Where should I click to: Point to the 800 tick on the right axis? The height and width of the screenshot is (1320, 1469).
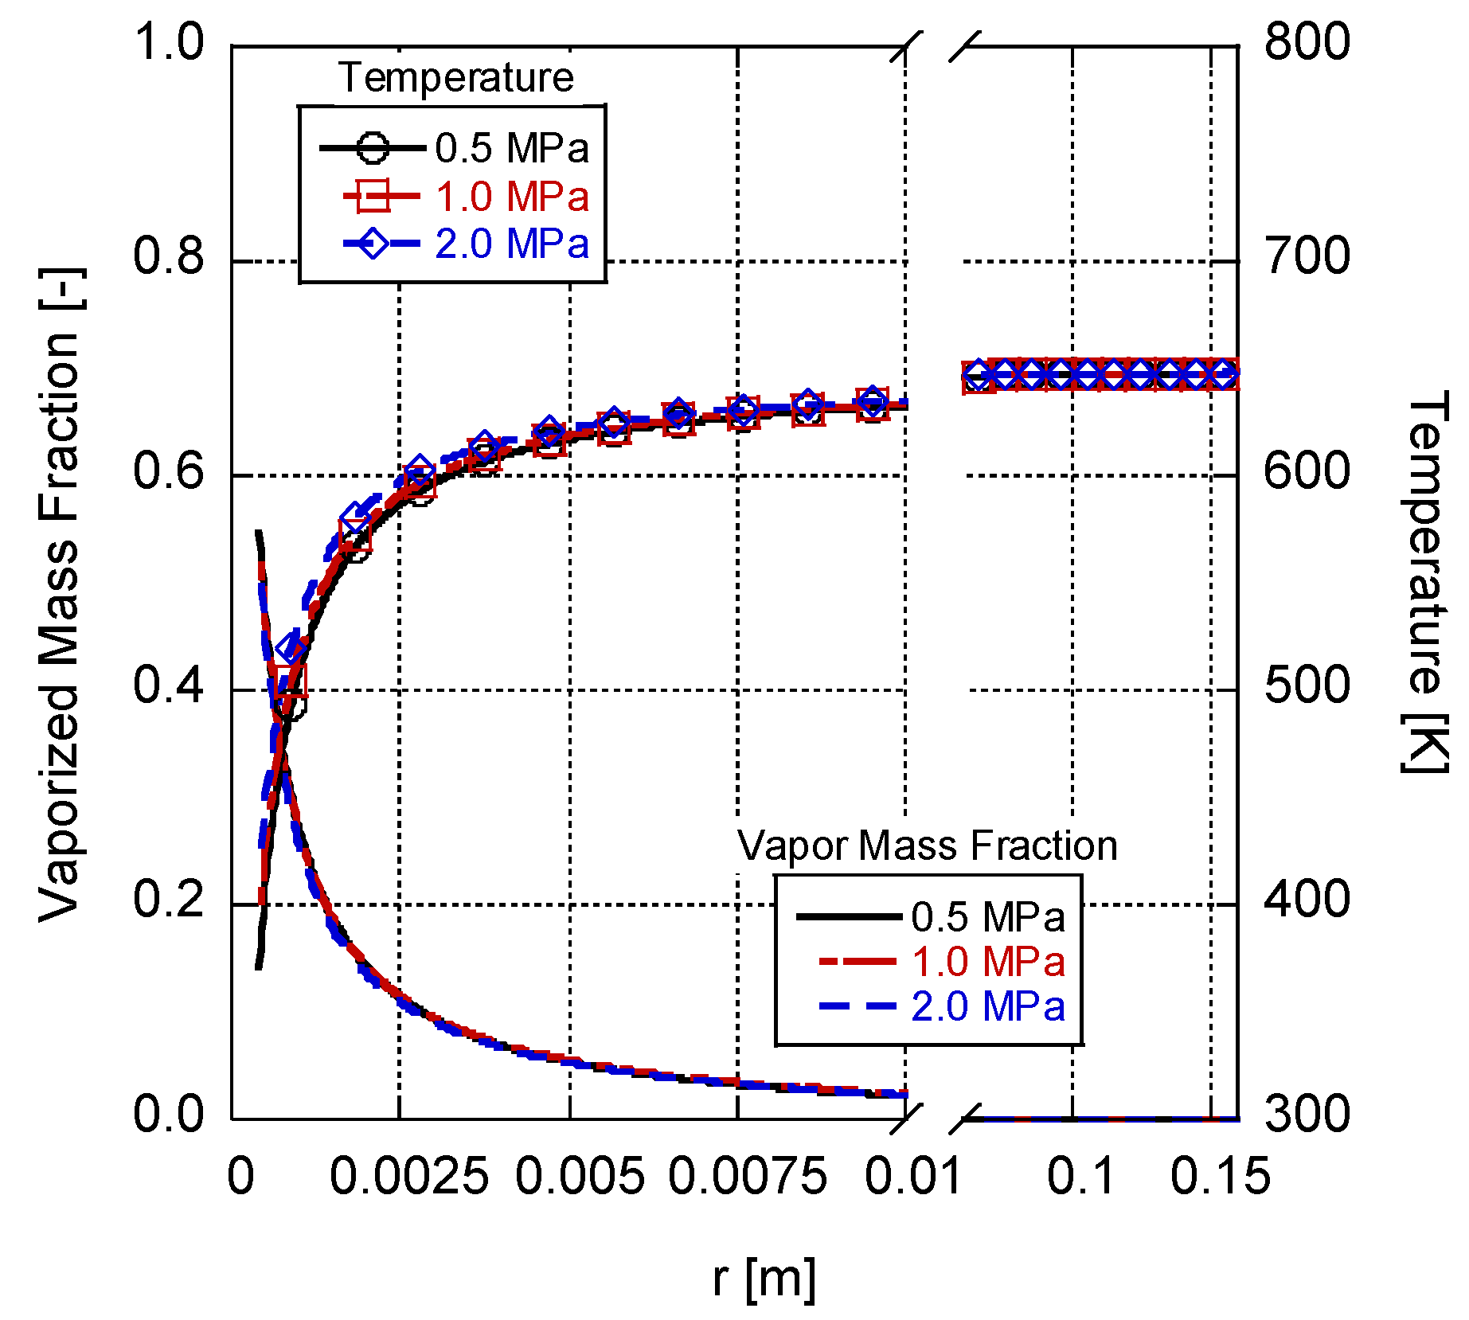pos(1307,41)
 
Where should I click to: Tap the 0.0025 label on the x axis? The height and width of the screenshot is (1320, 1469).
pos(408,1177)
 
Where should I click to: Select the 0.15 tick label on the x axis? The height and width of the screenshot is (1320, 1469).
pos(1219,1177)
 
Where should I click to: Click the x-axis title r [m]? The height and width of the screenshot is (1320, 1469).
pos(764,1277)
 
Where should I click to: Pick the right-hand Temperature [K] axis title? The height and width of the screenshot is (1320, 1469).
pos(1425,582)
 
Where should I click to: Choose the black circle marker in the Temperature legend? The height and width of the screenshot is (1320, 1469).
pos(373,148)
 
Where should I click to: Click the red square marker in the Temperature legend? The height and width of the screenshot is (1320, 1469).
pos(373,196)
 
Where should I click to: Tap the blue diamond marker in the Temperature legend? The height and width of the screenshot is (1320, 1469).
pos(373,243)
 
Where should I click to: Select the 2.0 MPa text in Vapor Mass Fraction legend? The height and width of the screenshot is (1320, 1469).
pos(987,1006)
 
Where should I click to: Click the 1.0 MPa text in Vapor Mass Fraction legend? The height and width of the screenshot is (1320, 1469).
pos(987,962)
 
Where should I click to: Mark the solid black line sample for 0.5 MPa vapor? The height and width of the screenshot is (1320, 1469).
pos(849,917)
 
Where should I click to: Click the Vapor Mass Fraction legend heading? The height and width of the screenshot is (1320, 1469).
pos(927,846)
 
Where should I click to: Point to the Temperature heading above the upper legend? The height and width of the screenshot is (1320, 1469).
pos(455,77)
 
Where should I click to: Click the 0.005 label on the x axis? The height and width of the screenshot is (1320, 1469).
pos(579,1177)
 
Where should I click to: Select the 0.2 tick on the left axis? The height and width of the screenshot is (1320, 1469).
pos(169,900)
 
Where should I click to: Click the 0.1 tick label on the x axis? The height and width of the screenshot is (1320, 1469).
pos(1080,1177)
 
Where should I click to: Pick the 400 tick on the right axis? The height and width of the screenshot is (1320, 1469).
pos(1307,900)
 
